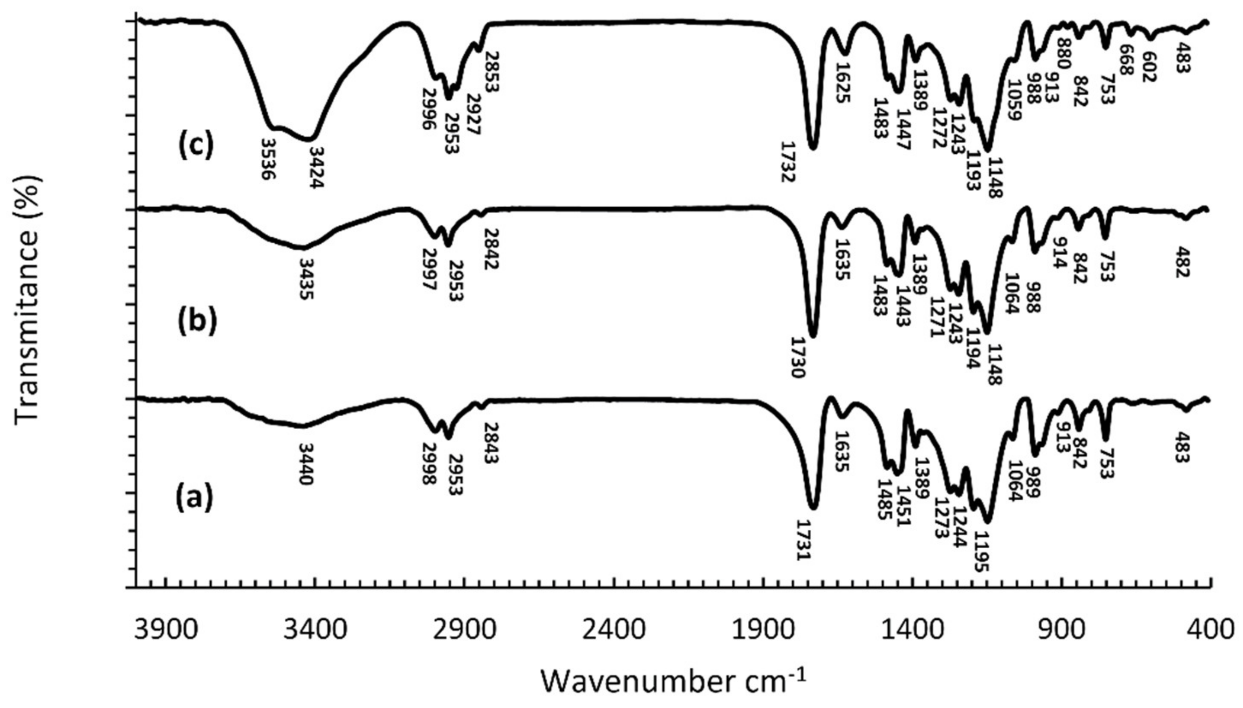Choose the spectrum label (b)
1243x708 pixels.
pyautogui.click(x=196, y=322)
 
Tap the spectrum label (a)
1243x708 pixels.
pyautogui.click(x=194, y=498)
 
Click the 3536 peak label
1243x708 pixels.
pyautogui.click(x=268, y=159)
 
